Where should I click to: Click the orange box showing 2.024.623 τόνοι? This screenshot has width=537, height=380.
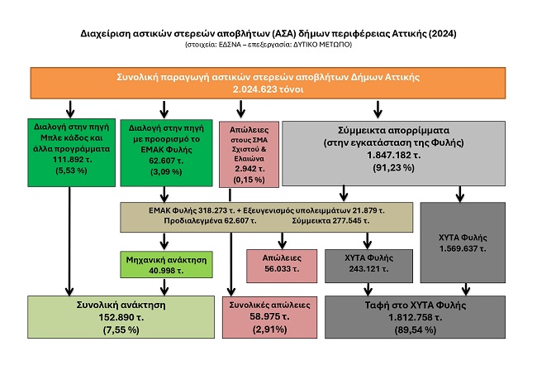(x=268, y=83)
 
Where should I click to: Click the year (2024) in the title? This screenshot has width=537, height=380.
(x=437, y=33)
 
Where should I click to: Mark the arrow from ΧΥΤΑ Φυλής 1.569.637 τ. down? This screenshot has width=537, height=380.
(x=465, y=287)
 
